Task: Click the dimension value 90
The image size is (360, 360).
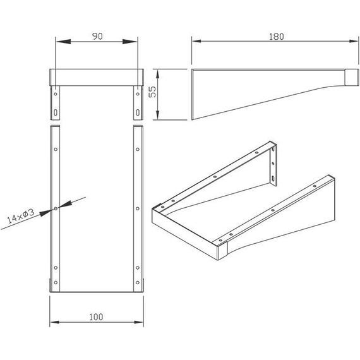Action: tap(97, 36)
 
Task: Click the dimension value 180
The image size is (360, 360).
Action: tap(275, 36)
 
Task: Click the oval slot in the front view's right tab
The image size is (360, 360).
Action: tap(137, 113)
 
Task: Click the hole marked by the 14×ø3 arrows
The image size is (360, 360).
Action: tap(56, 208)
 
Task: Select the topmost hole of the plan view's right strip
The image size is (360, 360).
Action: tap(137, 149)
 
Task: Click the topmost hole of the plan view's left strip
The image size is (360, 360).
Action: tap(56, 149)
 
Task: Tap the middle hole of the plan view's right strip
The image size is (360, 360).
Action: tap(137, 208)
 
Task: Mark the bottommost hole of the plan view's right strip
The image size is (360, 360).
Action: tap(137, 282)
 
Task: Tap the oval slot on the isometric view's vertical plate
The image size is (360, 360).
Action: tap(273, 179)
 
